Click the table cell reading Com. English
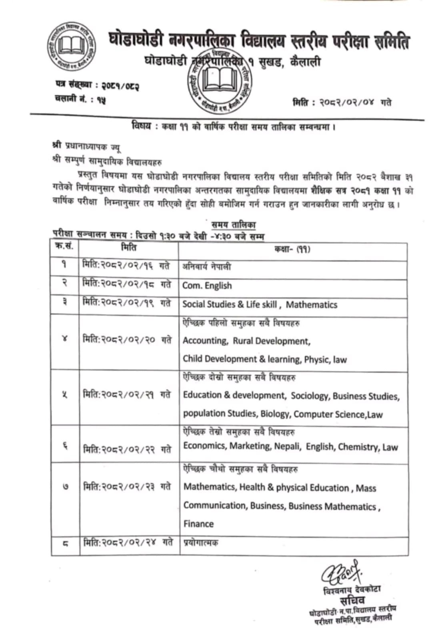pyautogui.click(x=207, y=286)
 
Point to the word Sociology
pyautogui.click(x=310, y=396)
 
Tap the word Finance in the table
pyautogui.click(x=198, y=524)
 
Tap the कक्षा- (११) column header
pyautogui.click(x=292, y=249)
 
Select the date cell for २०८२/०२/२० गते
pyautogui.click(x=127, y=340)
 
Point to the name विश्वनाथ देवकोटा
pyautogui.click(x=352, y=590)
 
